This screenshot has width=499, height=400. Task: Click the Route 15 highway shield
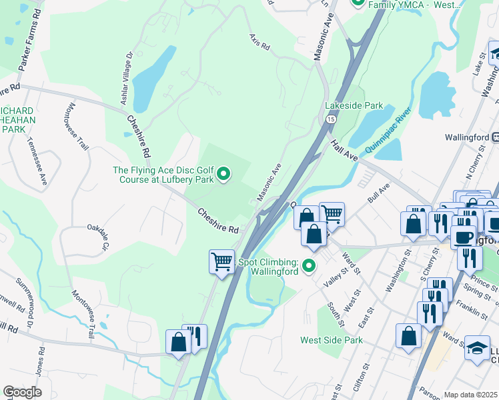(x=331, y=119)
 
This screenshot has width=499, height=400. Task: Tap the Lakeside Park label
(x=354, y=105)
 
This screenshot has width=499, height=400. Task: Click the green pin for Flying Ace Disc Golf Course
(x=224, y=175)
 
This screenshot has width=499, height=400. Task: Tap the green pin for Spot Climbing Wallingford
(x=308, y=267)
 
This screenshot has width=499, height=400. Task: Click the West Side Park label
(x=331, y=340)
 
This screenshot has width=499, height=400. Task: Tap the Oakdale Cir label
(x=97, y=237)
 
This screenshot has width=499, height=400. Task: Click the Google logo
(x=22, y=392)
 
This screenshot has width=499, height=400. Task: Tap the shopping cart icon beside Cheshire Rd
(x=221, y=260)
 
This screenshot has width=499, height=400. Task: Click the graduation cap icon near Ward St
(x=477, y=348)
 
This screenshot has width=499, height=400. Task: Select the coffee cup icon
(x=463, y=237)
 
